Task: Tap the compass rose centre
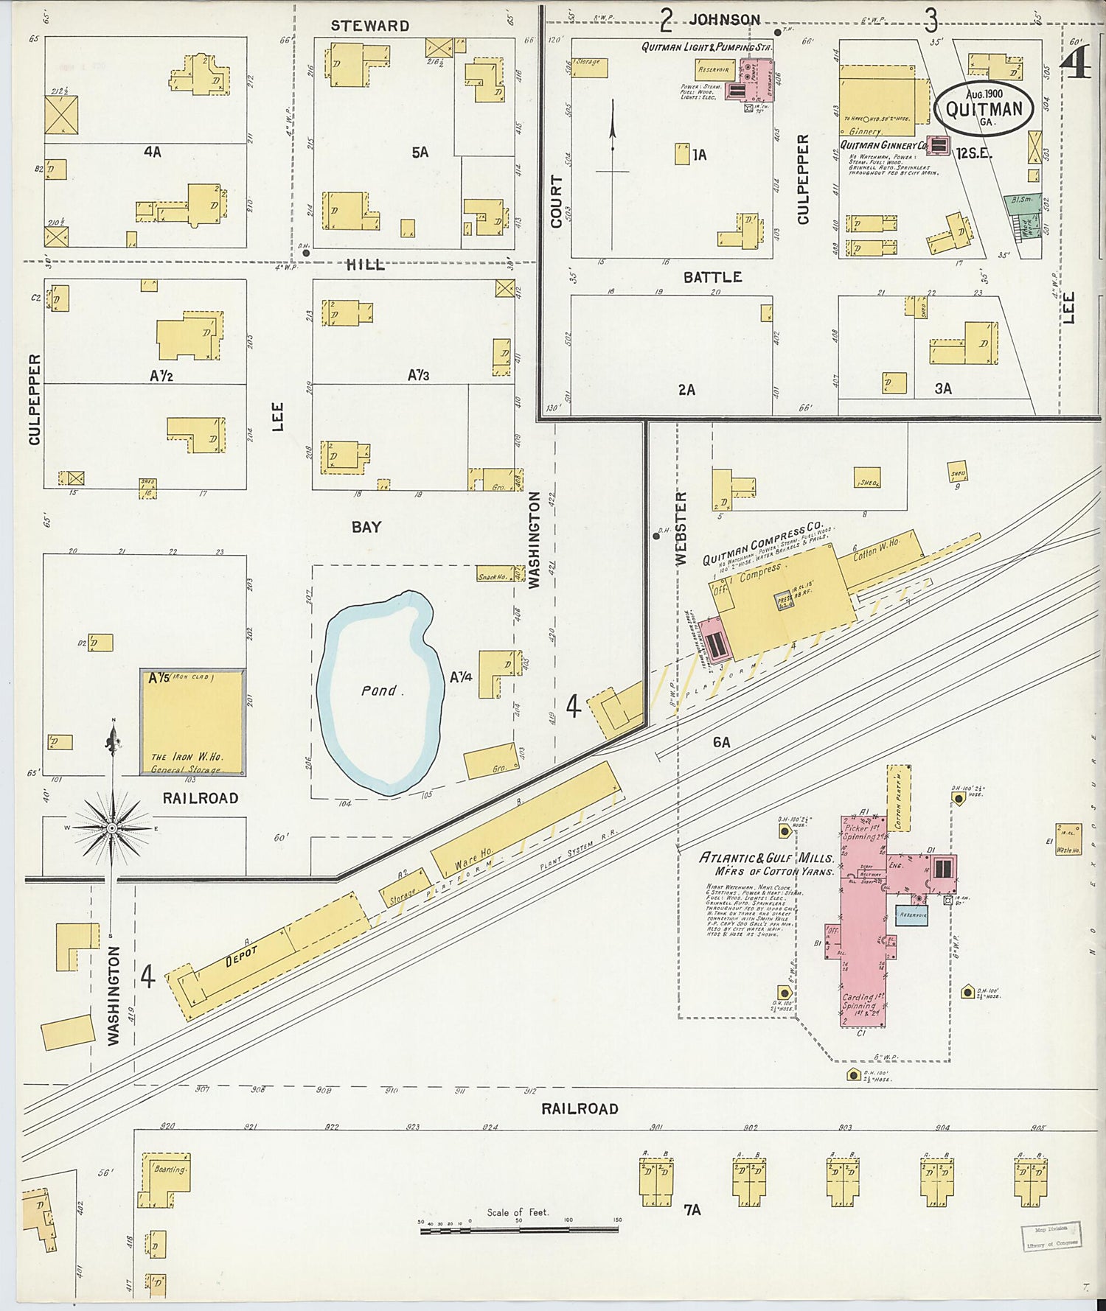pyautogui.click(x=112, y=828)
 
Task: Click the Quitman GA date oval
pyautogui.click(x=984, y=108)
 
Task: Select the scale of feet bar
pyautogui.click(x=519, y=1229)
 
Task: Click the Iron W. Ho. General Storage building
pyautogui.click(x=192, y=722)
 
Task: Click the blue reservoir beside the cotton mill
pyautogui.click(x=911, y=915)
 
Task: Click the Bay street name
pyautogui.click(x=366, y=527)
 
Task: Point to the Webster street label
pyautogui.click(x=681, y=528)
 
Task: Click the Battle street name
pyautogui.click(x=712, y=277)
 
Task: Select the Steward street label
pyautogui.click(x=369, y=26)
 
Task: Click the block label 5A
pyautogui.click(x=420, y=153)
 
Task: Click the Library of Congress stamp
pyautogui.click(x=1051, y=1236)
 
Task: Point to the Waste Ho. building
pyautogui.click(x=1067, y=840)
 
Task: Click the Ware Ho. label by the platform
pyautogui.click(x=473, y=859)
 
